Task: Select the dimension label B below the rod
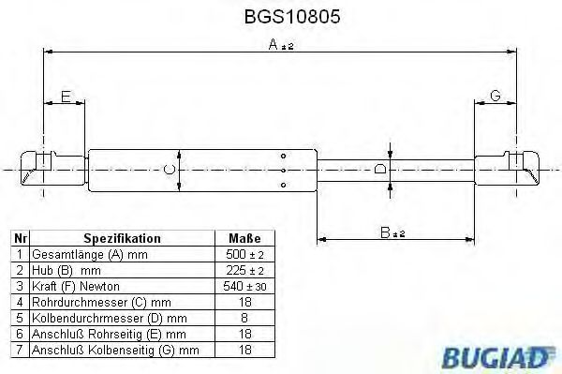pyautogui.click(x=385, y=230)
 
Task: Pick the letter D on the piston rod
pyautogui.click(x=379, y=170)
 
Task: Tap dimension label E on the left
pyautogui.click(x=66, y=97)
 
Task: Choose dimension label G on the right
pyautogui.click(x=495, y=97)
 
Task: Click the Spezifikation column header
pyautogui.click(x=123, y=238)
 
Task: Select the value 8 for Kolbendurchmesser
pyautogui.click(x=244, y=318)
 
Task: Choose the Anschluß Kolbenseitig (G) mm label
pyautogui.click(x=115, y=350)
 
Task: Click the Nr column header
pyautogui.click(x=20, y=238)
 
